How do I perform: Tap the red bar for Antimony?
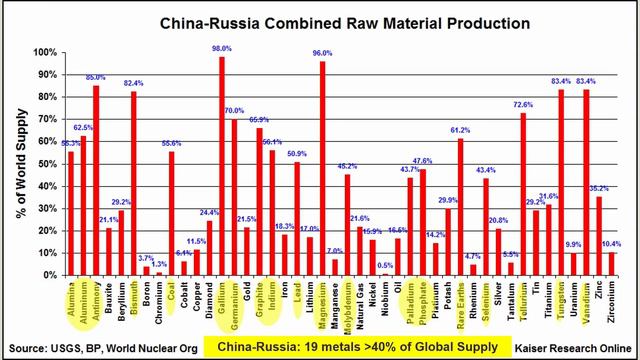[96, 181]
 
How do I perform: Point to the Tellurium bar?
[523, 194]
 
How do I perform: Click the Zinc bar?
[599, 236]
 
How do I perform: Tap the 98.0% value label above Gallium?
[221, 48]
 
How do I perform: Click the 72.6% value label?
[523, 104]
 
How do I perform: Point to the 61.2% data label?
[460, 130]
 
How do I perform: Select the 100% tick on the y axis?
[46, 52]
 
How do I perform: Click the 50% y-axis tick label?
[48, 164]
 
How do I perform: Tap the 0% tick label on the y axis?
[51, 276]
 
